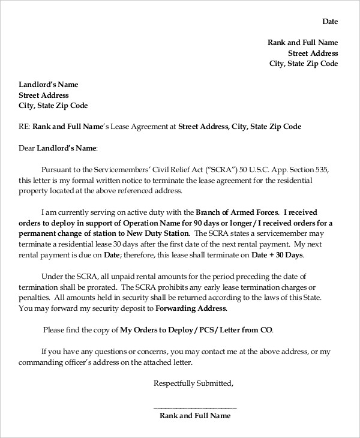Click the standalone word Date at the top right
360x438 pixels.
pos(330,22)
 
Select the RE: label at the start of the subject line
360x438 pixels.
pos(25,127)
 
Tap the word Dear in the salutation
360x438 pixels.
pos(27,148)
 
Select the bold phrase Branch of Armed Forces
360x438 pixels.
pos(237,212)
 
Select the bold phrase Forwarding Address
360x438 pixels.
pos(191,308)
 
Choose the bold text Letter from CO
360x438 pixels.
pos(246,330)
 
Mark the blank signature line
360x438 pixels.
pos(196,406)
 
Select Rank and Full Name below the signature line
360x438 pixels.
pos(196,415)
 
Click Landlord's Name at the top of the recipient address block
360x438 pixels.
pos(49,85)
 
